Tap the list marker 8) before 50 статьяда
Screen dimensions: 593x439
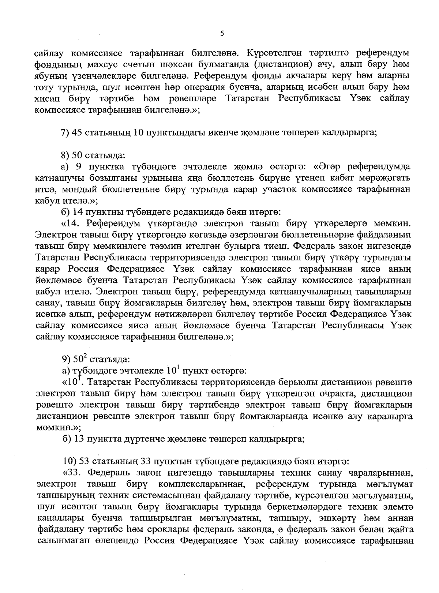pyautogui.click(x=66, y=155)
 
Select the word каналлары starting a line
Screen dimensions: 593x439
pyautogui.click(x=55, y=518)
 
